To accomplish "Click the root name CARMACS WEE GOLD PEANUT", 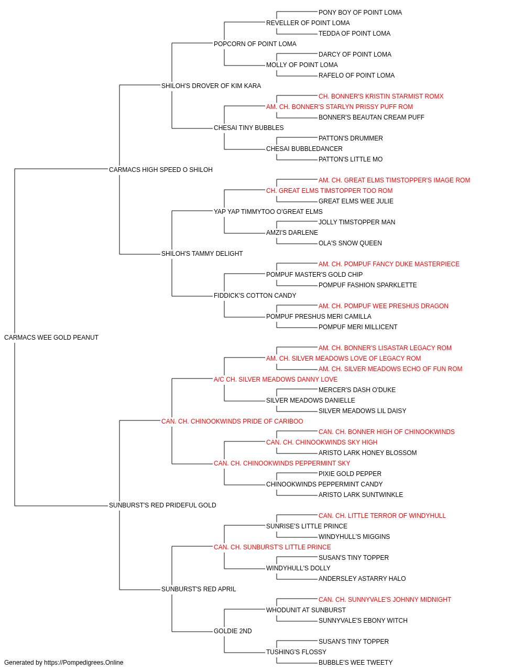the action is click(51, 338).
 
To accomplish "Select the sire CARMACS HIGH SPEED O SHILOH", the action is click(161, 170).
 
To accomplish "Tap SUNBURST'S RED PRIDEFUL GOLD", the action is click(162, 505).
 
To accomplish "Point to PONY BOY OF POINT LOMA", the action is click(360, 13).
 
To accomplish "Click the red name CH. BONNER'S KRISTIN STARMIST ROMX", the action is click(381, 96).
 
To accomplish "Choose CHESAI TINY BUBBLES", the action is click(249, 128).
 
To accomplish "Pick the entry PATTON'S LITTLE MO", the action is click(351, 159).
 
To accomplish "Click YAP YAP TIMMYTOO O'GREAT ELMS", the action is click(268, 212).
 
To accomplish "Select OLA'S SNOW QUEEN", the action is click(350, 243).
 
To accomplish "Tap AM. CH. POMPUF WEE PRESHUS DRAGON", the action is click(383, 306).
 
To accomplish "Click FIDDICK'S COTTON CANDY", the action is click(255, 296).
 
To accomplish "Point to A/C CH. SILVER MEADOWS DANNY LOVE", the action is click(276, 380).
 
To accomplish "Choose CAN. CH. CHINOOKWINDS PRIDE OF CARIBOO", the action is click(232, 421).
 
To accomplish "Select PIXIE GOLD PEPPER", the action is click(350, 474).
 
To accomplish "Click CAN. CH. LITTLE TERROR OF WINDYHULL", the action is click(382, 516).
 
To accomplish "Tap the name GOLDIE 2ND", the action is click(233, 631).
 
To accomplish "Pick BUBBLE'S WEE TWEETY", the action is click(355, 663).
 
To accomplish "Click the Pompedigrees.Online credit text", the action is click(63, 663).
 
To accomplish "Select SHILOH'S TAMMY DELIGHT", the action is click(202, 254).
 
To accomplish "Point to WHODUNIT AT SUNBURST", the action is click(306, 610).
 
